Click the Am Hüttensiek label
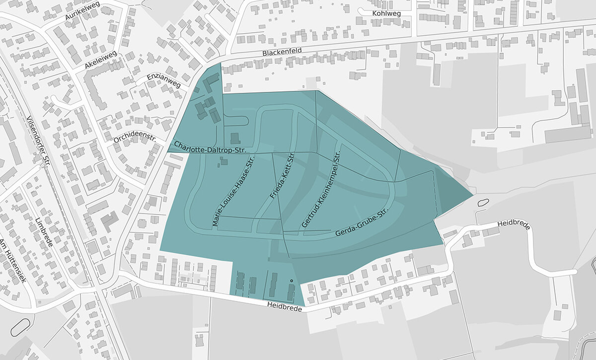tap(12, 260)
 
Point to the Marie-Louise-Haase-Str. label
tap(233, 192)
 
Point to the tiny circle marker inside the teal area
tap(291, 282)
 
